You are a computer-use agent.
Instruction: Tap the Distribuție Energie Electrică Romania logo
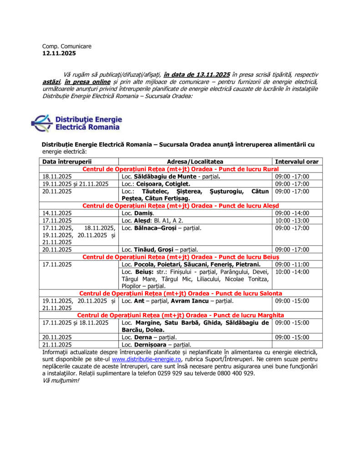point(76,123)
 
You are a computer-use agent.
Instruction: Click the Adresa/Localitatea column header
point(195,162)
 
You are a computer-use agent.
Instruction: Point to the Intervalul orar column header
point(296,162)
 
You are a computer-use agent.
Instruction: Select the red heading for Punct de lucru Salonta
point(181,294)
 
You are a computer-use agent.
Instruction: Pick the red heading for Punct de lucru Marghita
point(181,315)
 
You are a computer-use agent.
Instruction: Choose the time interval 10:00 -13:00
point(292,220)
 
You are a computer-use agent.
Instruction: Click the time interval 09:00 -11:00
point(292,264)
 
